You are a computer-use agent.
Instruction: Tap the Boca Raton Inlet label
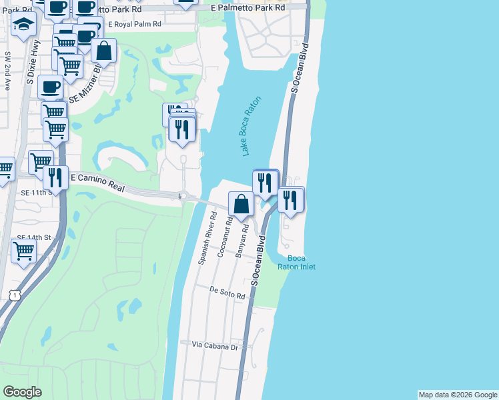(301, 263)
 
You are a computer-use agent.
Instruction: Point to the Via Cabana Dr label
(215, 347)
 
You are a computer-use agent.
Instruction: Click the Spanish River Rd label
(208, 238)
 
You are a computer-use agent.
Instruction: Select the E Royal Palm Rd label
(133, 24)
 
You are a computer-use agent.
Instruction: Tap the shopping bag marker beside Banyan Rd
(241, 204)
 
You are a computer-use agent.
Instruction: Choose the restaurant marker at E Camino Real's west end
(54, 178)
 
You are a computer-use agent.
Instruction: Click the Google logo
(22, 392)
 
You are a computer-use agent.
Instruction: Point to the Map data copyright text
(457, 395)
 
